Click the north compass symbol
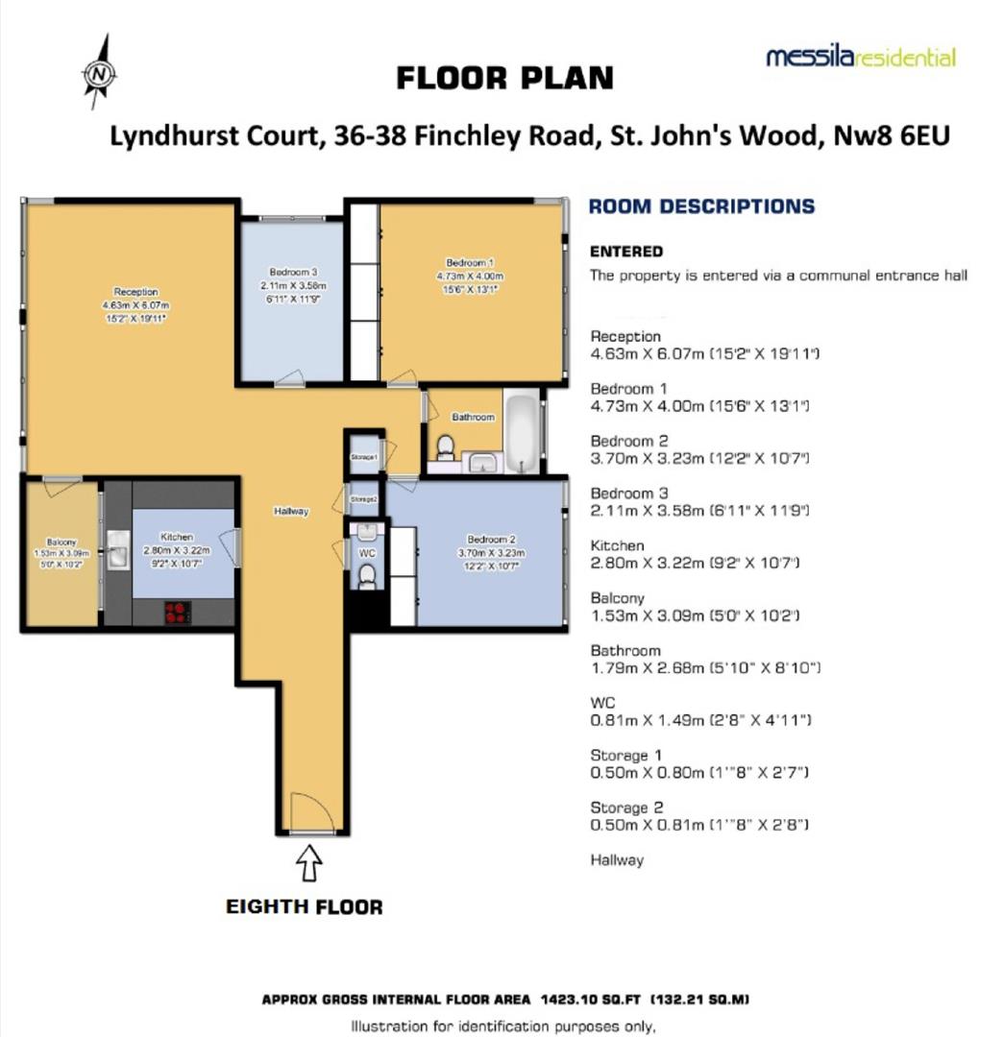pyautogui.click(x=98, y=72)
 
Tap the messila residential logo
pyautogui.click(x=860, y=58)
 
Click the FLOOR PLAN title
pyautogui.click(x=504, y=78)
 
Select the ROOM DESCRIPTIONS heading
pyautogui.click(x=700, y=206)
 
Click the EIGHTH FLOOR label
pyautogui.click(x=304, y=906)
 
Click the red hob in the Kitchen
pyautogui.click(x=177, y=611)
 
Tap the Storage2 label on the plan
pyautogui.click(x=363, y=500)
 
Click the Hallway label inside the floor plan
pyautogui.click(x=290, y=512)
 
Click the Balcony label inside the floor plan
pyautogui.click(x=61, y=543)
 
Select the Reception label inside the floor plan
pyautogui.click(x=135, y=292)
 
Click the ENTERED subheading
pyautogui.click(x=625, y=252)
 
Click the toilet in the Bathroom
pyautogui.click(x=445, y=448)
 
